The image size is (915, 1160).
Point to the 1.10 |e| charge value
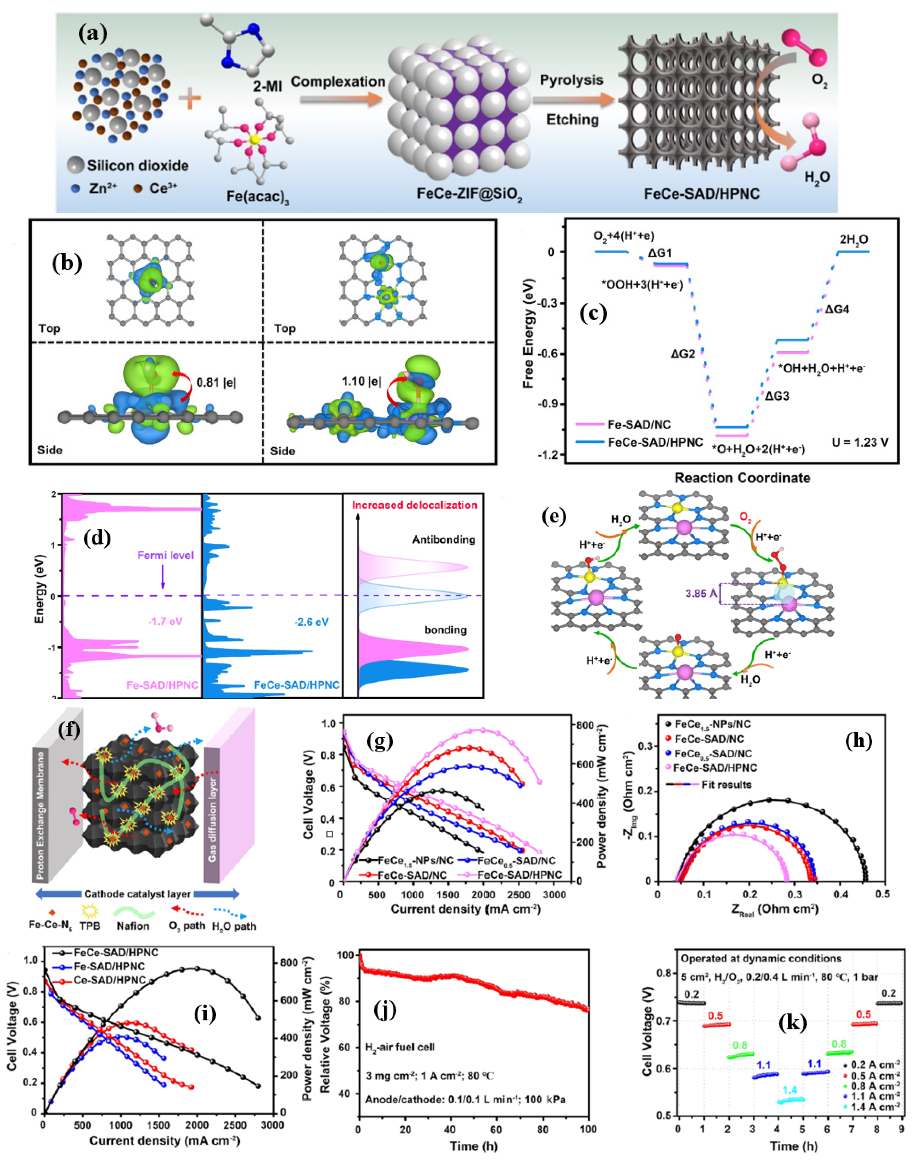click(361, 382)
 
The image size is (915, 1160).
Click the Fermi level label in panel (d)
click(165, 555)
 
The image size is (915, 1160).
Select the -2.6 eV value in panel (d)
click(311, 622)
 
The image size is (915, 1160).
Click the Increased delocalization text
click(414, 505)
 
